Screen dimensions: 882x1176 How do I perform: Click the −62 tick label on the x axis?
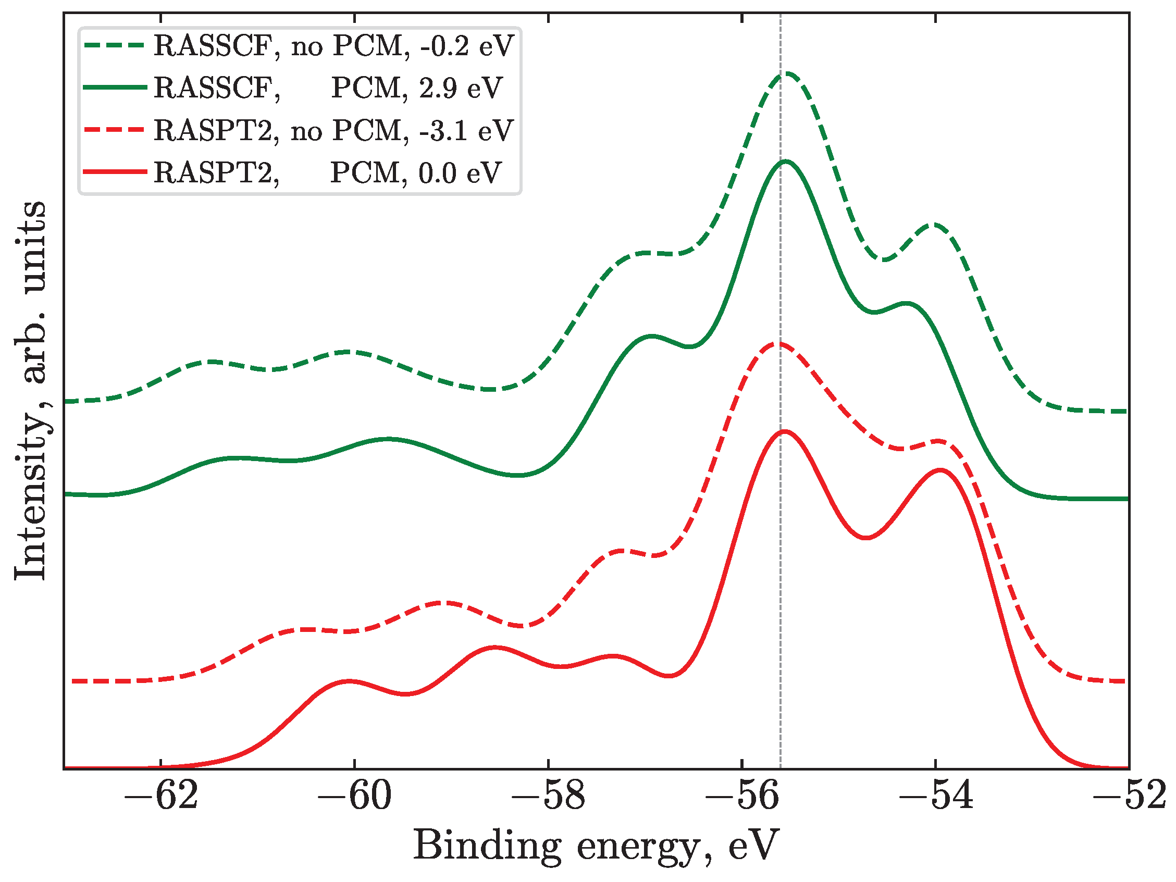[160, 797]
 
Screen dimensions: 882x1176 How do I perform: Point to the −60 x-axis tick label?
[354, 797]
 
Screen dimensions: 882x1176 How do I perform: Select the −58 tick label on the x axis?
[548, 797]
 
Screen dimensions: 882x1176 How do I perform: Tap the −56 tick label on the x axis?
[741, 797]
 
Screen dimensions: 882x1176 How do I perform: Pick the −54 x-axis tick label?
[936, 797]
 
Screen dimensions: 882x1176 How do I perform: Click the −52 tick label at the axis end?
[1129, 797]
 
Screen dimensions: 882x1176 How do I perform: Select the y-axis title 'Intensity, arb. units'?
[31, 391]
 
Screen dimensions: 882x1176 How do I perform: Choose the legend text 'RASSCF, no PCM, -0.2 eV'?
[333, 46]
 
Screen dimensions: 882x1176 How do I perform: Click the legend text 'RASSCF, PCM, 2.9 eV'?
[328, 88]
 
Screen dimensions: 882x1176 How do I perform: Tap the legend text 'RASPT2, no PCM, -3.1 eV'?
[333, 131]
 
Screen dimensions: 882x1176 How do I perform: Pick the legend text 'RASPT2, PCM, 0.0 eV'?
[328, 173]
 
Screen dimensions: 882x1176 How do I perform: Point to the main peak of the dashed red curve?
[779, 344]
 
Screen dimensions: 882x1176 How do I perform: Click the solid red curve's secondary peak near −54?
[940, 470]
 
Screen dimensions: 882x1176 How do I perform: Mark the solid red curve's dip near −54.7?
[866, 538]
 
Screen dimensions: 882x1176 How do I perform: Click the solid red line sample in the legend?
[115, 172]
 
